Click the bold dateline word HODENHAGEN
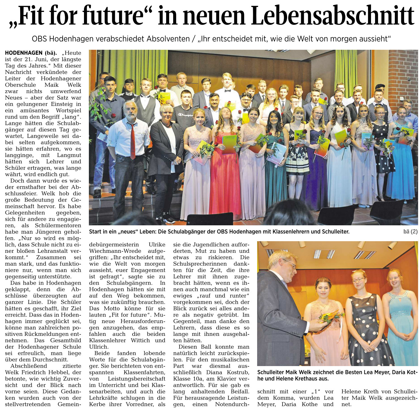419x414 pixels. pos(24,53)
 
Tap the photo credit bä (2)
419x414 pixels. pos(410,231)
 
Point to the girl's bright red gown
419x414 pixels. pos(225,180)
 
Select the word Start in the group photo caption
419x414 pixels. pos(95,232)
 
